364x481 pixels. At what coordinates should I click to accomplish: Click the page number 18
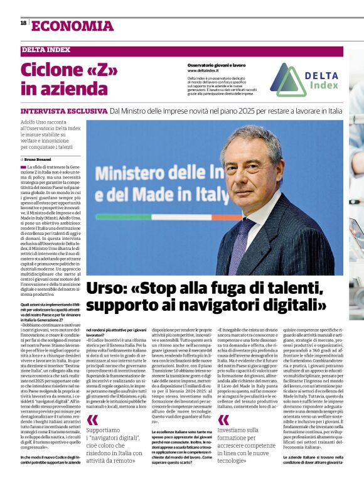point(23,23)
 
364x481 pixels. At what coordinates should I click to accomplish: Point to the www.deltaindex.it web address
point(205,70)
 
